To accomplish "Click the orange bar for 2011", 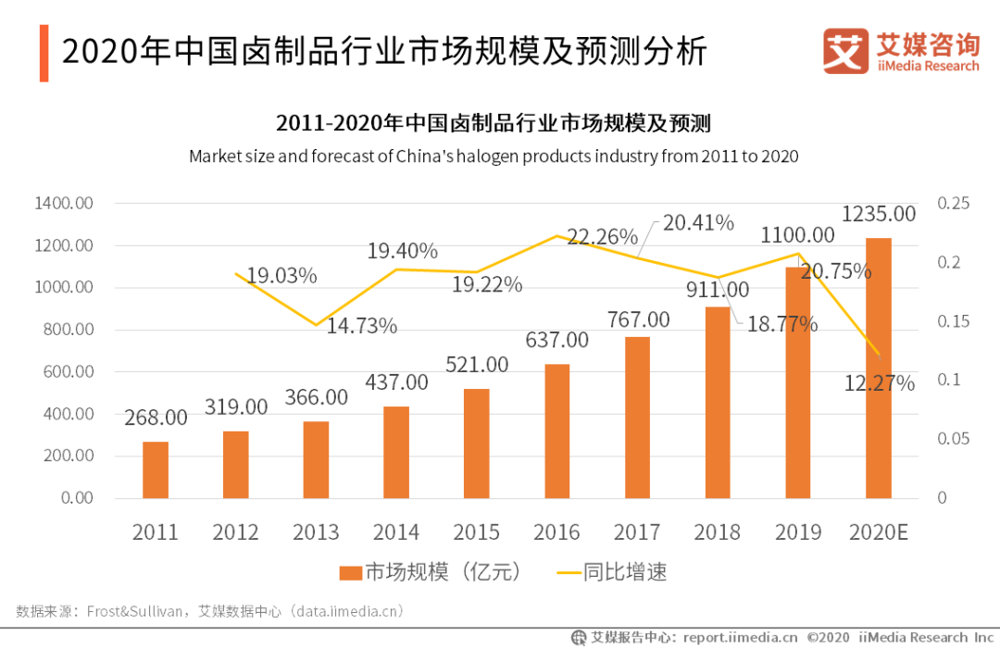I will (x=156, y=469).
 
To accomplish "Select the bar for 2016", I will (x=557, y=431).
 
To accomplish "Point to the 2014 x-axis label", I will (x=396, y=532).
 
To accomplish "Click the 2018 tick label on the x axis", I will (x=718, y=532).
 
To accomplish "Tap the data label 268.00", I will (x=156, y=418).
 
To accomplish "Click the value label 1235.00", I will (x=878, y=215).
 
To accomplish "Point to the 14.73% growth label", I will (x=361, y=326).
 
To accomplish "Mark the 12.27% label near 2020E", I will (x=879, y=382).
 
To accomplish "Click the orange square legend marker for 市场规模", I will (x=349, y=573).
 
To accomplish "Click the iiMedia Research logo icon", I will (x=844, y=52).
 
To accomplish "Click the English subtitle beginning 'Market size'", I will (x=493, y=156).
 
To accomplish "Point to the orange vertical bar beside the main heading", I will (x=44, y=53).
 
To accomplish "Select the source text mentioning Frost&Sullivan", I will (x=209, y=612).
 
